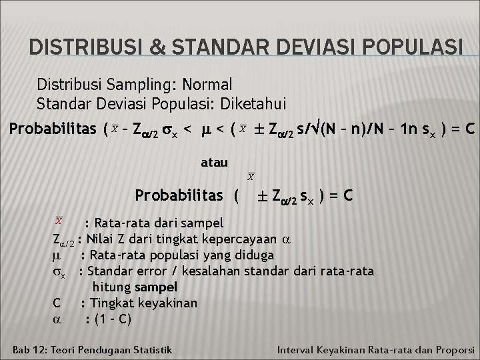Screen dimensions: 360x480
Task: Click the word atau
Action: point(214,162)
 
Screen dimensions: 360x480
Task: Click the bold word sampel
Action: point(156,287)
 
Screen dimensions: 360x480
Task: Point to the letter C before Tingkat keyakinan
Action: point(57,303)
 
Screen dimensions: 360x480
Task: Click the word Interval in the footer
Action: point(297,349)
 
